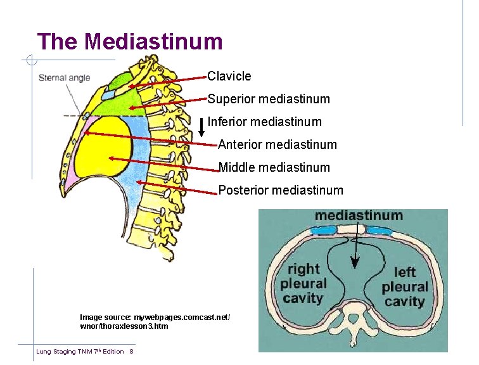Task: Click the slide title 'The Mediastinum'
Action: (130, 42)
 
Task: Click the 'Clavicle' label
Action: (229, 76)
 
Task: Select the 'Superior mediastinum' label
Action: (269, 99)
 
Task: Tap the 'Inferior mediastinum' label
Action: (265, 122)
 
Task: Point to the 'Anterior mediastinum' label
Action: (278, 145)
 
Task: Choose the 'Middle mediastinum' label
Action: (274, 168)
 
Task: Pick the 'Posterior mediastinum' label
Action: (281, 190)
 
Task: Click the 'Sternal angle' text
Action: (65, 79)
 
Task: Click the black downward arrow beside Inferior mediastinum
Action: (201, 127)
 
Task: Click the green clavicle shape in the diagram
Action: (119, 82)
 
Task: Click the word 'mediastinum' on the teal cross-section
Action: (359, 215)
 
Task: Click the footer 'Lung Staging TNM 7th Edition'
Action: (80, 352)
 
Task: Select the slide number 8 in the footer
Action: (131, 352)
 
